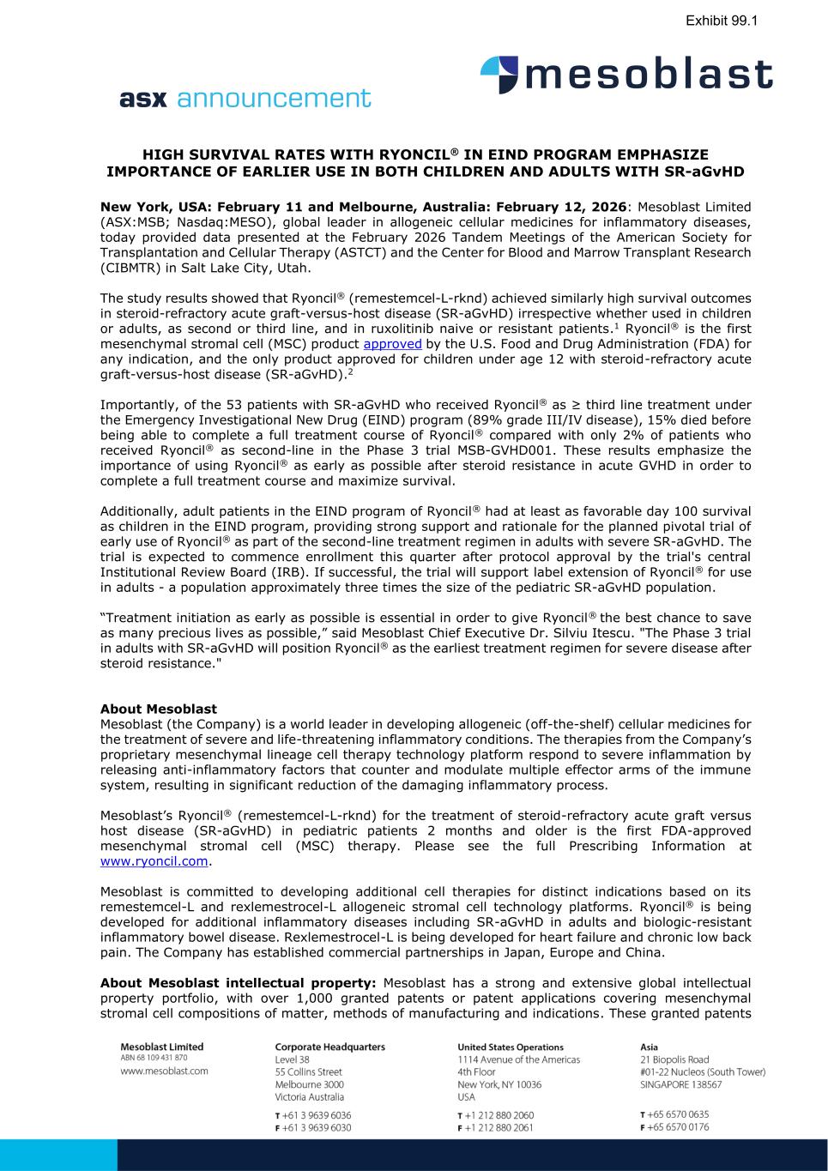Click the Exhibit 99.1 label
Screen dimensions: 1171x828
[x=721, y=20]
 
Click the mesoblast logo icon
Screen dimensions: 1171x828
[x=499, y=75]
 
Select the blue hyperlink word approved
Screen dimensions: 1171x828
[x=392, y=344]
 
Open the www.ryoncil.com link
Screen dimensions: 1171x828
[x=154, y=861]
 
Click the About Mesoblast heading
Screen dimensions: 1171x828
[x=159, y=709]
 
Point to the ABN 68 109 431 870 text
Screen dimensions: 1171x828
[x=154, y=1059]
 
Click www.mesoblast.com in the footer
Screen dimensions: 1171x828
[x=164, y=1071]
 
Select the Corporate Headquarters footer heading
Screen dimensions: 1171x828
[x=329, y=1047]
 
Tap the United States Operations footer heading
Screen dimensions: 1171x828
[x=511, y=1047]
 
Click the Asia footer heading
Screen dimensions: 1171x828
[x=650, y=1047]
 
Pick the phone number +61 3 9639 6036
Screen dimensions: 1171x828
[x=317, y=1115]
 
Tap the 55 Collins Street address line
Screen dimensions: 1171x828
[x=308, y=1071]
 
